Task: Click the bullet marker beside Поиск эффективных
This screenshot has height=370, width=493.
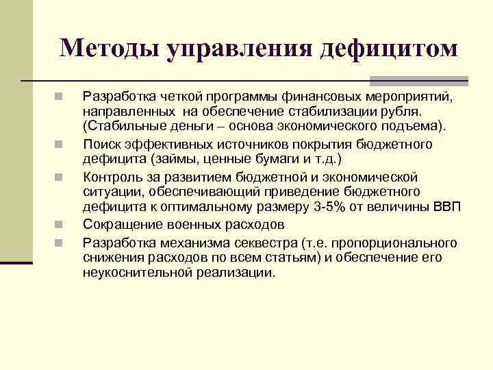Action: (60, 145)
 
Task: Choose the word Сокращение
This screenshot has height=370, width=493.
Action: (120, 224)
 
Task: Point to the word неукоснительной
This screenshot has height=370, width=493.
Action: (133, 272)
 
